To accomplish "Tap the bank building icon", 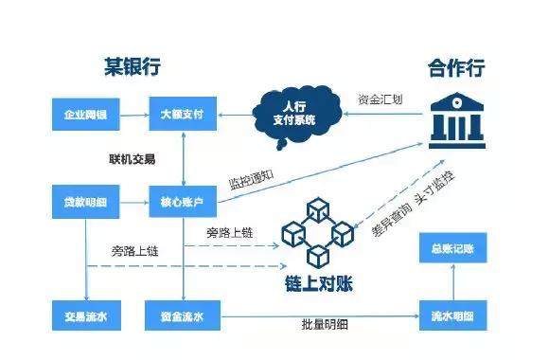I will (x=450, y=117).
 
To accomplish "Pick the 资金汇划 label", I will (x=381, y=98).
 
